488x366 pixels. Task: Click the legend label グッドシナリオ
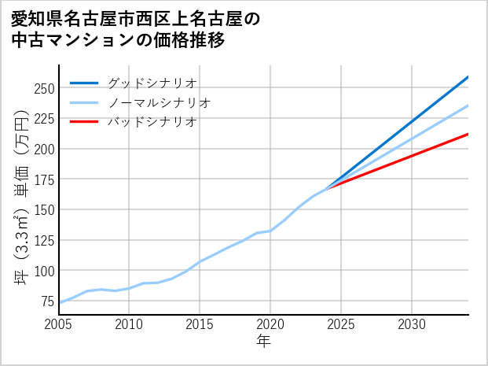tap(152, 83)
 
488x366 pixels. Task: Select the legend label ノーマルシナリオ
tap(159, 102)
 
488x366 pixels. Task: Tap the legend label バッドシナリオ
tap(152, 122)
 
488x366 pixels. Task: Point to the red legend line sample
tap(84, 122)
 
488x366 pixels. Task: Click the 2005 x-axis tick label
tap(59, 324)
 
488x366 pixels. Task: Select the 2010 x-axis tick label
tap(130, 324)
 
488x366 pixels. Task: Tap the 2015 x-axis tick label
tap(200, 324)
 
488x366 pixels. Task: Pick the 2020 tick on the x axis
tap(270, 324)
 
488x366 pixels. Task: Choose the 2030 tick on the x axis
tap(412, 324)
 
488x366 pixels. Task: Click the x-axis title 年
tap(264, 342)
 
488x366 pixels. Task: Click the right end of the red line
tap(468, 134)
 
